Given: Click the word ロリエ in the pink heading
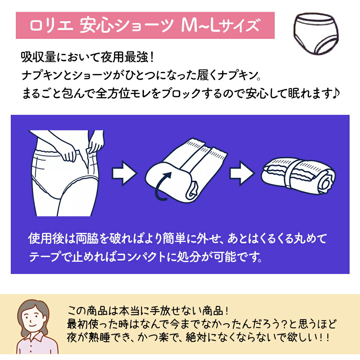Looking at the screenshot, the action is (51, 25).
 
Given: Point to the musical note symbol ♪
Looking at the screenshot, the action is (336, 94).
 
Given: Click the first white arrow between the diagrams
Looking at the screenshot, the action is (125, 173).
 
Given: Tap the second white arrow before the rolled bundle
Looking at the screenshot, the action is (242, 173).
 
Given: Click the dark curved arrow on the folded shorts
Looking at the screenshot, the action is (162, 186).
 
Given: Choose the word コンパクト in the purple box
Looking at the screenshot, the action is (141, 257).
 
